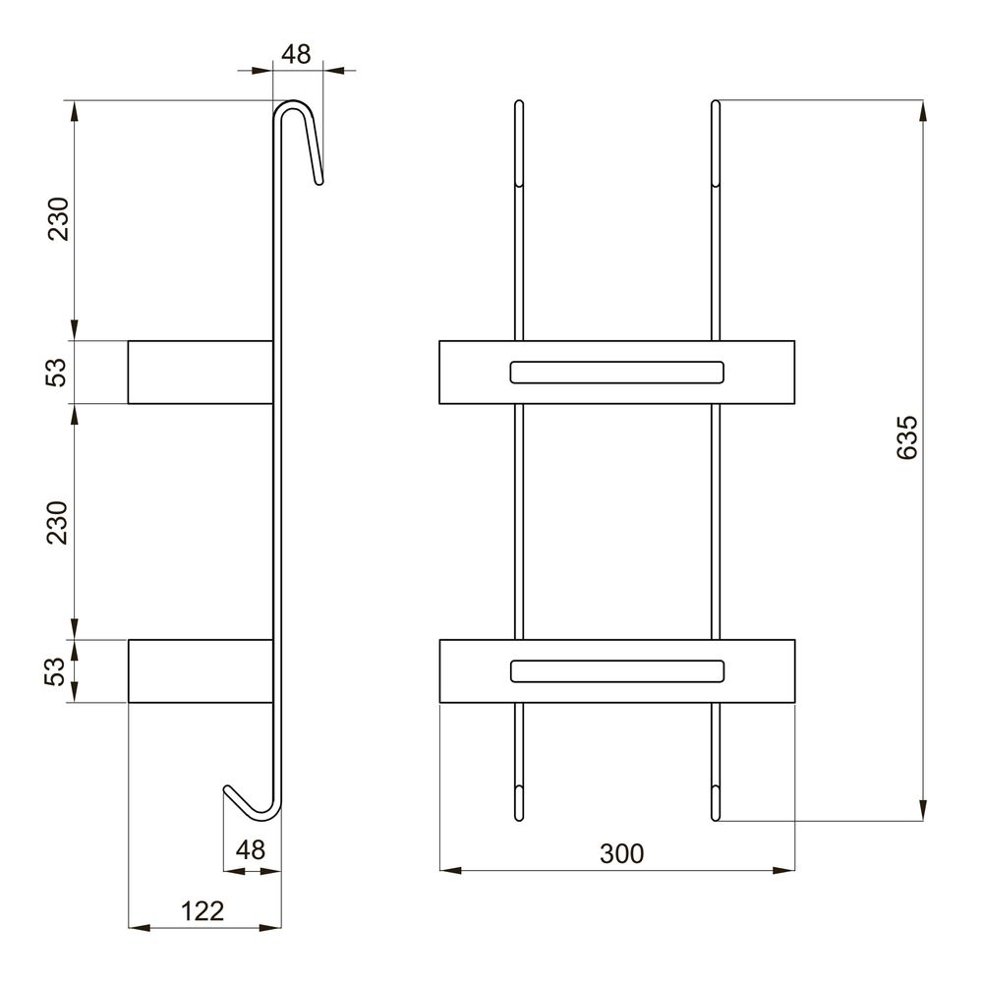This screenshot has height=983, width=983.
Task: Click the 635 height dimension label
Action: [x=907, y=437]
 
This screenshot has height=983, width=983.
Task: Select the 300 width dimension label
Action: [x=621, y=854]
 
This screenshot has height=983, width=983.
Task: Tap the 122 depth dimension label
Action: [x=202, y=911]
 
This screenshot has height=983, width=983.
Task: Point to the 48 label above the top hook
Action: [x=296, y=54]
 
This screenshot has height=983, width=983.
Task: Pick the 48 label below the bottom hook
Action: [x=250, y=850]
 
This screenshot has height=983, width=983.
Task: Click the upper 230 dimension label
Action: [x=58, y=219]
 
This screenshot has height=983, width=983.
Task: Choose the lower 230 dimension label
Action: [x=57, y=522]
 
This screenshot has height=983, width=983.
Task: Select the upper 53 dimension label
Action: [x=55, y=373]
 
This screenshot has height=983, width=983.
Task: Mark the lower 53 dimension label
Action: [x=55, y=671]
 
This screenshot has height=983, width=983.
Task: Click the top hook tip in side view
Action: [x=319, y=182]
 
